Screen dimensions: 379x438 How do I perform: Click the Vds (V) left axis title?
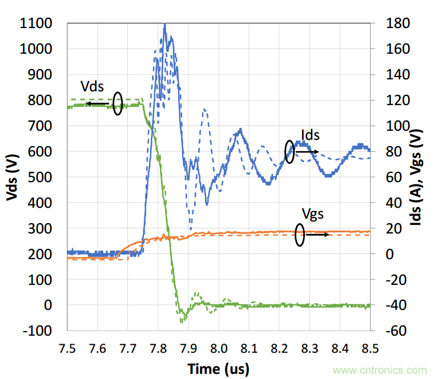[x=12, y=176]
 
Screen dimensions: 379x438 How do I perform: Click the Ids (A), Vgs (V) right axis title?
[x=424, y=176]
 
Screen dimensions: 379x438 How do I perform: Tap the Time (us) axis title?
[x=219, y=369]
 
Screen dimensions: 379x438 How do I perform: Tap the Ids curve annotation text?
[x=310, y=135]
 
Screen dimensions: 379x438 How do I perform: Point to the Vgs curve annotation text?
[x=313, y=213]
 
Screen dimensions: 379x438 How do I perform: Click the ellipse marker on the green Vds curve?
[x=117, y=103]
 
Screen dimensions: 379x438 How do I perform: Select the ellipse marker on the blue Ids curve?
[x=290, y=152]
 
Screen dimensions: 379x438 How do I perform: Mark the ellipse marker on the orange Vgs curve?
[x=299, y=235]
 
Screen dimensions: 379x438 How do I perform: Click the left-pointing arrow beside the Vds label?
[x=98, y=104]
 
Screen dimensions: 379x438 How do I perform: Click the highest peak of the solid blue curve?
[x=164, y=25]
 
